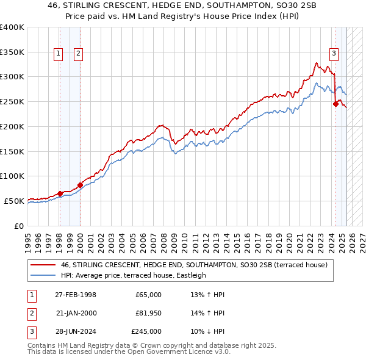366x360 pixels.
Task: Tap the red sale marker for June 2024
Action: (x=335, y=104)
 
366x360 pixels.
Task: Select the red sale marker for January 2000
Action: (x=80, y=185)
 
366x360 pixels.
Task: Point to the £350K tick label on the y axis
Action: (x=12, y=52)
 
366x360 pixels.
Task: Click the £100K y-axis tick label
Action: (x=12, y=176)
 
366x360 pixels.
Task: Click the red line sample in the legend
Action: (x=43, y=265)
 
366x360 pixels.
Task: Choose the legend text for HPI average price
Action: (x=133, y=275)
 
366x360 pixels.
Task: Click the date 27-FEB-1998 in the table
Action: (x=76, y=295)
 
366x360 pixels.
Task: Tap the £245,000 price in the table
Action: (x=146, y=331)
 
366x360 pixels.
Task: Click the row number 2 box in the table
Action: (x=31, y=313)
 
